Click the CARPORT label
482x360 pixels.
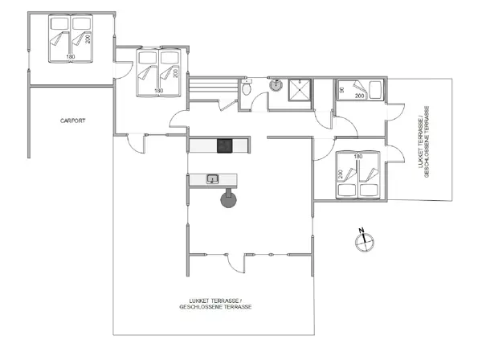point(72,121)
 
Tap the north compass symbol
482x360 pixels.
point(362,239)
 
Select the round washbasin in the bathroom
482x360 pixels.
point(274,83)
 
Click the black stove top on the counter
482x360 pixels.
point(224,145)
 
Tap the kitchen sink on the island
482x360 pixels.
point(213,179)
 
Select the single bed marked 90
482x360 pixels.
point(359,90)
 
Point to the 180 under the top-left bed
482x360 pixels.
point(70,57)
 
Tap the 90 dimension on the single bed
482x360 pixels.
point(341,89)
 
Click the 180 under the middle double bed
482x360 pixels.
point(158,91)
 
